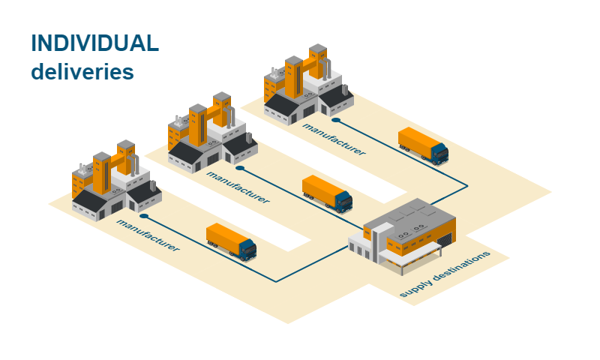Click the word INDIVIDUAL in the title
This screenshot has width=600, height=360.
tap(94, 43)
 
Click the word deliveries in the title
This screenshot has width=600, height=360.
tap(82, 72)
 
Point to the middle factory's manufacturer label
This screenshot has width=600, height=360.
tap(238, 187)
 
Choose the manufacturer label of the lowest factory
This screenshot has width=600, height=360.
tap(148, 235)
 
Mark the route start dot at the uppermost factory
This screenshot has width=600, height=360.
tap(336, 119)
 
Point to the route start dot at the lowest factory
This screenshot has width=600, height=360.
tap(143, 216)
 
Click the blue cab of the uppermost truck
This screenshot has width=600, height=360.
tap(439, 153)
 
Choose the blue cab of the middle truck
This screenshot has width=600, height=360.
tap(343, 201)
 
